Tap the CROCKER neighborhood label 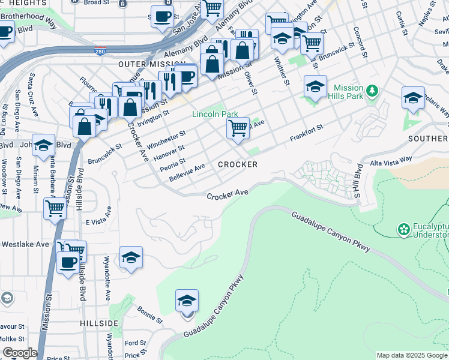[238, 164]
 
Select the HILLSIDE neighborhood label [99, 323]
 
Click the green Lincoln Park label [215, 114]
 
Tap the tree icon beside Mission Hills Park [373, 91]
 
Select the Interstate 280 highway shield [100, 52]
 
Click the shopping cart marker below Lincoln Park [238, 128]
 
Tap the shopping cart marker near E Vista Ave [55, 209]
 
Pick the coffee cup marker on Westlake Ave [67, 262]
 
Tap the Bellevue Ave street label [188, 171]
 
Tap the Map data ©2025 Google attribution [411, 355]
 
